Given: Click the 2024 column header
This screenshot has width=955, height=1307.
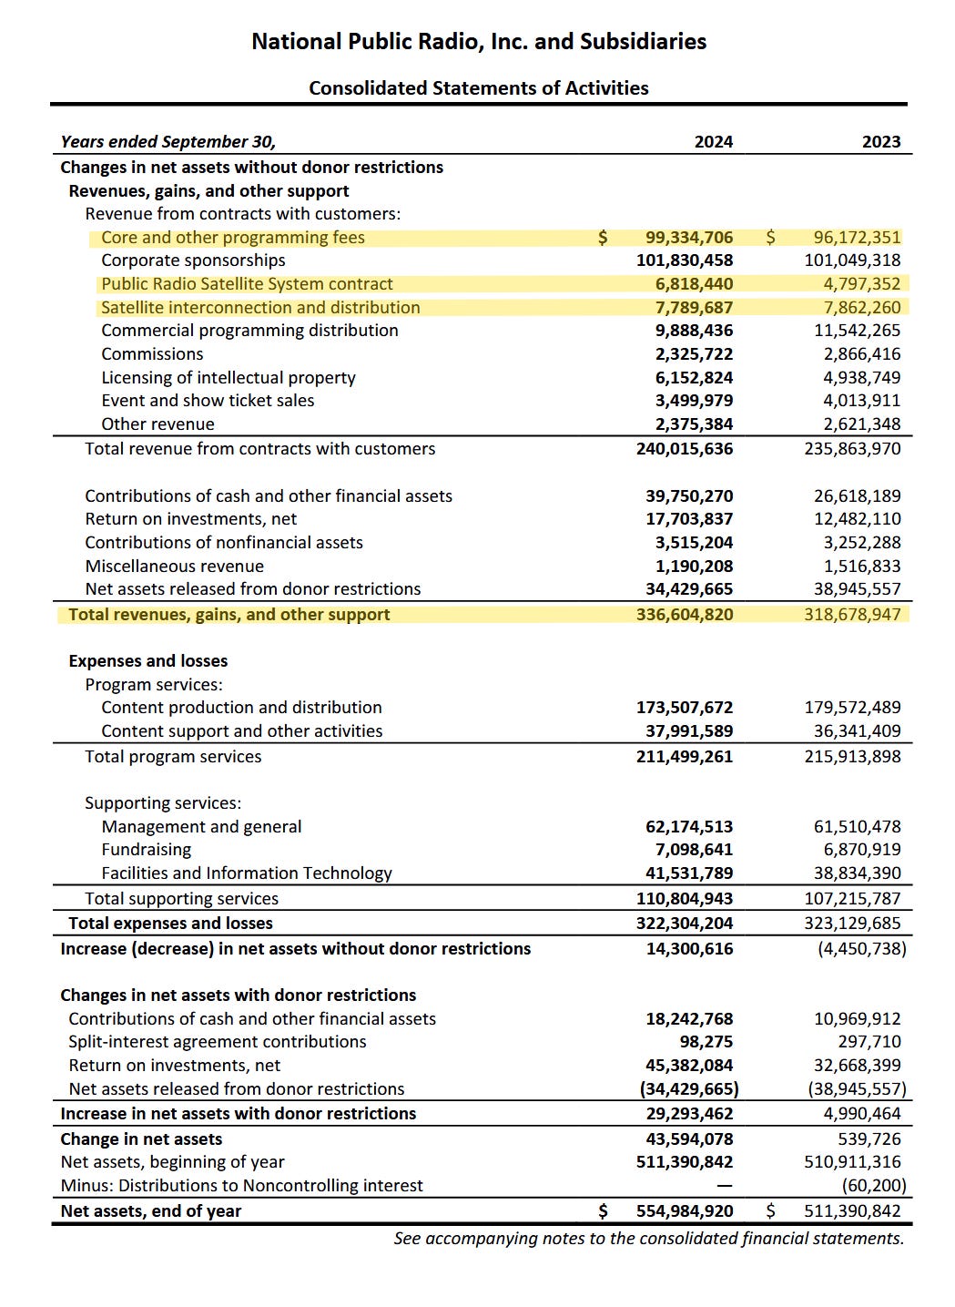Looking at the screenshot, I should (x=713, y=142).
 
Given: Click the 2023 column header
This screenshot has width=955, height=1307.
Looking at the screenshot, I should (x=880, y=142).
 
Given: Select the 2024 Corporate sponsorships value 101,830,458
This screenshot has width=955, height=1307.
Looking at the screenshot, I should (x=684, y=260).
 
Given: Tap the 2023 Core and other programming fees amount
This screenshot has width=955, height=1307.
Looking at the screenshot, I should (x=857, y=238).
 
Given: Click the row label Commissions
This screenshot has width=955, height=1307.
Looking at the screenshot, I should (x=152, y=354).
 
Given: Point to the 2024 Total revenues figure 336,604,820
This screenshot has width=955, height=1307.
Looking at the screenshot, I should (x=684, y=615).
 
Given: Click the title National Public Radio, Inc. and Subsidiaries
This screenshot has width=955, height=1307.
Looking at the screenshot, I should (x=479, y=42).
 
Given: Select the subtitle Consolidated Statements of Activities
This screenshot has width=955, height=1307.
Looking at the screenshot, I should (x=479, y=88).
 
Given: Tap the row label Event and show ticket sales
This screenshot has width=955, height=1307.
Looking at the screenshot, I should (x=208, y=401).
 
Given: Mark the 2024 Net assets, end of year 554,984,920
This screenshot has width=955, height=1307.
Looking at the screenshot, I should (x=684, y=1211).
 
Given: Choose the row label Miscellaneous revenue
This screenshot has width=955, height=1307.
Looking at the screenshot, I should (x=174, y=567).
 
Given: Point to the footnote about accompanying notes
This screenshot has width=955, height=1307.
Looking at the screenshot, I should (x=648, y=1239).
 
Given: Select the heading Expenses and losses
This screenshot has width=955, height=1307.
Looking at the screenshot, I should (x=147, y=661).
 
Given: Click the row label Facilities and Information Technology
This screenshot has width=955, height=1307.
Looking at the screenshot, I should (x=246, y=873).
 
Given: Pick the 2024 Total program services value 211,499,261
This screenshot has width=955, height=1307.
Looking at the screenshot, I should (x=684, y=757).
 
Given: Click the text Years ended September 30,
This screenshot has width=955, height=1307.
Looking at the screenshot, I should (x=168, y=142).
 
